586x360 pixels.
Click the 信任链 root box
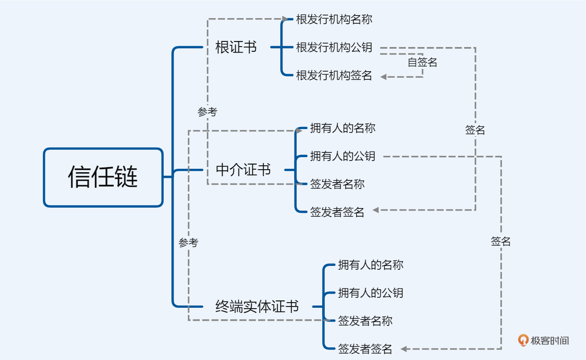(103, 177)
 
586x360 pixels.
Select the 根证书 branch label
(236, 47)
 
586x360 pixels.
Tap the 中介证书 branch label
(243, 170)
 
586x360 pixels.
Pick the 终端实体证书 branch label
(257, 306)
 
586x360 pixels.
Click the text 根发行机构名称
(334, 19)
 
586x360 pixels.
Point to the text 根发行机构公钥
(334, 47)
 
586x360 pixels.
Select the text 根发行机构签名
(334, 76)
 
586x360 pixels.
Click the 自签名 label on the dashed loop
(422, 63)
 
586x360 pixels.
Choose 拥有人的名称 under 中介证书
(342, 128)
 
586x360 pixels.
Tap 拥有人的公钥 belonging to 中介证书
(342, 156)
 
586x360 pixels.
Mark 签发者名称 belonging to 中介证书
(337, 184)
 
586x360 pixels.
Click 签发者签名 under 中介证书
(337, 212)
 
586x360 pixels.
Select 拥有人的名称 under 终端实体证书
(371, 265)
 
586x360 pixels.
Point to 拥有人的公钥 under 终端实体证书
(371, 293)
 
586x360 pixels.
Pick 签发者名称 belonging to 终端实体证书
(365, 321)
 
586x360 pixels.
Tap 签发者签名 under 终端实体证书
(365, 349)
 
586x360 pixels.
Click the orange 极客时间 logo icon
(523, 341)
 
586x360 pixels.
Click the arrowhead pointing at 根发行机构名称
(285, 19)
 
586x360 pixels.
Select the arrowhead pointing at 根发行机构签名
(383, 77)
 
